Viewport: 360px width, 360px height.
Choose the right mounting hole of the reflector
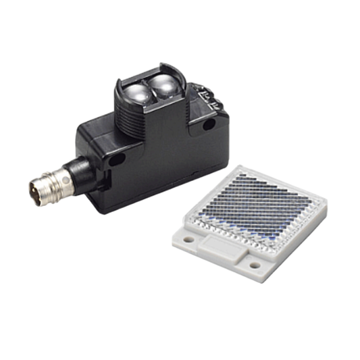[255, 265]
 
